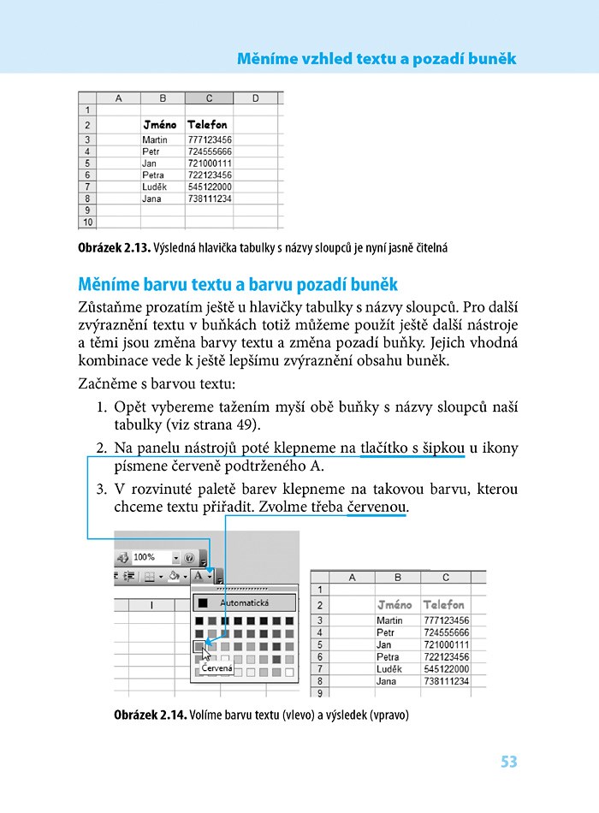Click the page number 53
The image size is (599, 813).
coord(508,762)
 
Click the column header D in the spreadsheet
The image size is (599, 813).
coord(255,98)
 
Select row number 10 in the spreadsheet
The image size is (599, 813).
coord(87,222)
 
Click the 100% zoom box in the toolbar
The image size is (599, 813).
coord(150,557)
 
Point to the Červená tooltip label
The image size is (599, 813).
coord(216,668)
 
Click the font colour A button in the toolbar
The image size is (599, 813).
coord(199,576)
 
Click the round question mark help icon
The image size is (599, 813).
coord(190,557)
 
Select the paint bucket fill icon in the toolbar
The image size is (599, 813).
coord(174,576)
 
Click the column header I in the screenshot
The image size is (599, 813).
coord(151,604)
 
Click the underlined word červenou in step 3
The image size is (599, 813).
coord(377,507)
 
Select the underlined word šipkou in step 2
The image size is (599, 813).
coord(438,448)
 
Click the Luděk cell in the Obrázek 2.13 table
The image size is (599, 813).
coord(155,187)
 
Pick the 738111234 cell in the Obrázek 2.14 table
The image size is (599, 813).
coord(447,681)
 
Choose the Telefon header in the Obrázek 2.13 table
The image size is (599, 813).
coord(207,125)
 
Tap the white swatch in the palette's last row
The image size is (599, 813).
coord(290,673)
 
